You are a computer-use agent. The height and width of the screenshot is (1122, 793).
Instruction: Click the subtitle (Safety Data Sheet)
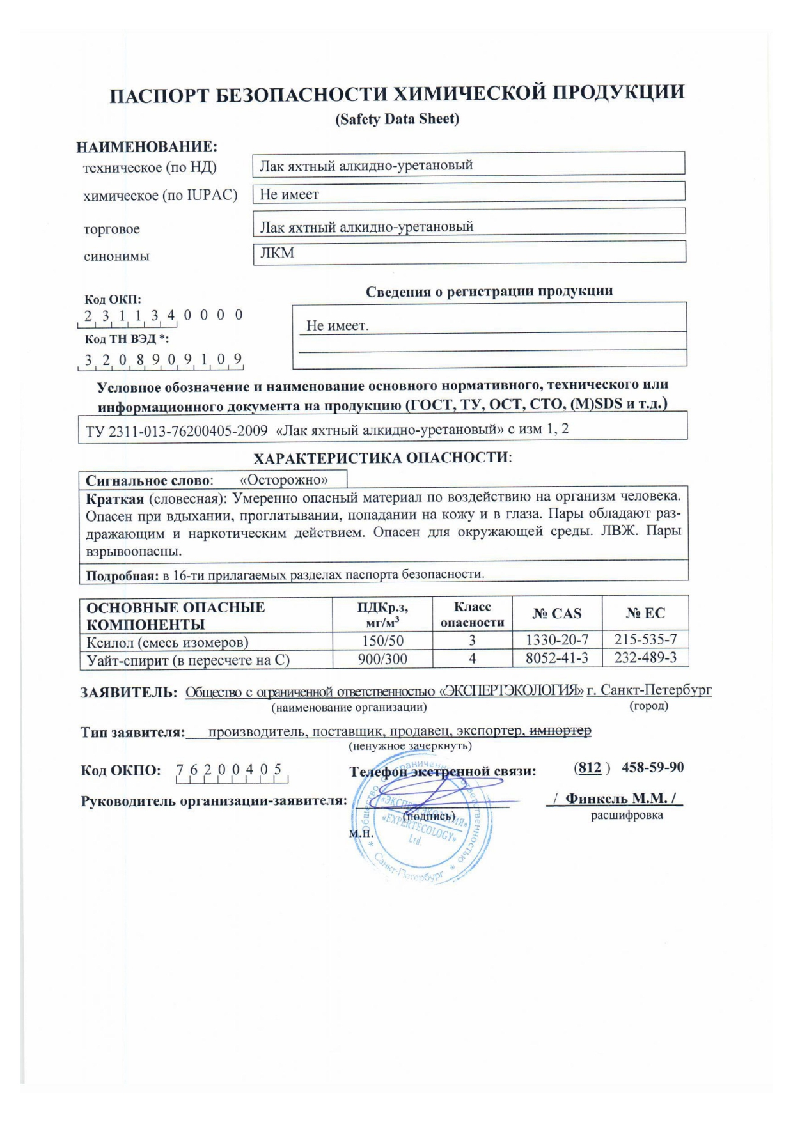click(397, 119)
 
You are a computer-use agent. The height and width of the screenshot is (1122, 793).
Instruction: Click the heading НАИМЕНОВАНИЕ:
click(147, 147)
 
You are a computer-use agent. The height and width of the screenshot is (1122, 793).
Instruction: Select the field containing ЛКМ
click(469, 253)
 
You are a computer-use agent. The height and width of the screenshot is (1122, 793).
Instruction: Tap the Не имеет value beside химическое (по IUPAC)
click(289, 194)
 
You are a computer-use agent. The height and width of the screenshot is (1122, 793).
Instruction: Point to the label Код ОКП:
click(113, 299)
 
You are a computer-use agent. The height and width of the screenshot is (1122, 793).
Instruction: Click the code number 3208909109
click(163, 359)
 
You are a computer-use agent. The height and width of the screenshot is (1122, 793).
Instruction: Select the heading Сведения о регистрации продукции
click(489, 292)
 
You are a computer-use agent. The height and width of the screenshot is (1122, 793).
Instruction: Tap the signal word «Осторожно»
click(283, 479)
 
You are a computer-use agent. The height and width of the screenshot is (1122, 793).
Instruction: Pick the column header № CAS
click(556, 614)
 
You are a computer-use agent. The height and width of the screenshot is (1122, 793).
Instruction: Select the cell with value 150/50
click(382, 641)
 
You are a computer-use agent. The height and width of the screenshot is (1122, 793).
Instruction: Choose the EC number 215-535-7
click(645, 640)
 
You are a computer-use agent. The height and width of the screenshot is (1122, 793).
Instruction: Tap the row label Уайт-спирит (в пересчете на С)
click(188, 660)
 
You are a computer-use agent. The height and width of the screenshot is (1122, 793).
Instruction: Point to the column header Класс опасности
click(472, 614)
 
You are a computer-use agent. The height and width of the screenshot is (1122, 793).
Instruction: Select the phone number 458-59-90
click(652, 767)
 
